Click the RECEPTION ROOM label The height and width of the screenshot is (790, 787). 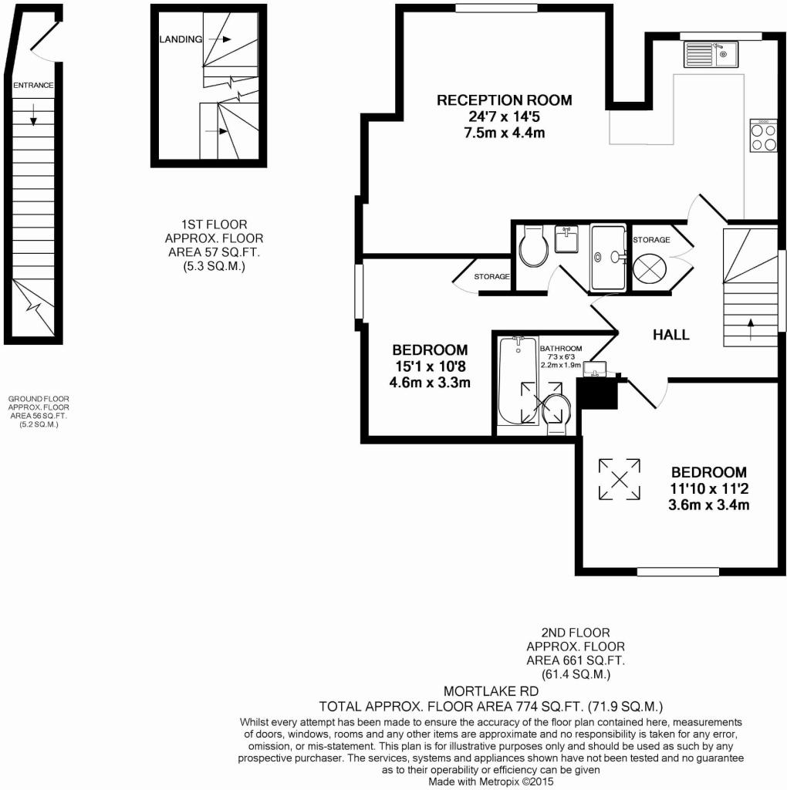[x=504, y=100]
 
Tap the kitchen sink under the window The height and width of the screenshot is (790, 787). [x=711, y=54]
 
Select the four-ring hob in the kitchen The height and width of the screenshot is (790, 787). [x=763, y=137]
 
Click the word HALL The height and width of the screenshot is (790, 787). [x=671, y=335]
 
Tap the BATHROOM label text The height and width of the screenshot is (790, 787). [x=561, y=349]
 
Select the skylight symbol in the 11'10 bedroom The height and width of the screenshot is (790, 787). [x=620, y=478]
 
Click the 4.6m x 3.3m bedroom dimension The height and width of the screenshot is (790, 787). [x=430, y=382]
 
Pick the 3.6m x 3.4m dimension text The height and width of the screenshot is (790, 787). [x=709, y=505]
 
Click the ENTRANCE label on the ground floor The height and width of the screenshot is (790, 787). [x=33, y=85]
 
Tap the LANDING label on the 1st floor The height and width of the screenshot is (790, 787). [x=181, y=39]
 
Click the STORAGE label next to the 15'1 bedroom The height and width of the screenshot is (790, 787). [x=491, y=276]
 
